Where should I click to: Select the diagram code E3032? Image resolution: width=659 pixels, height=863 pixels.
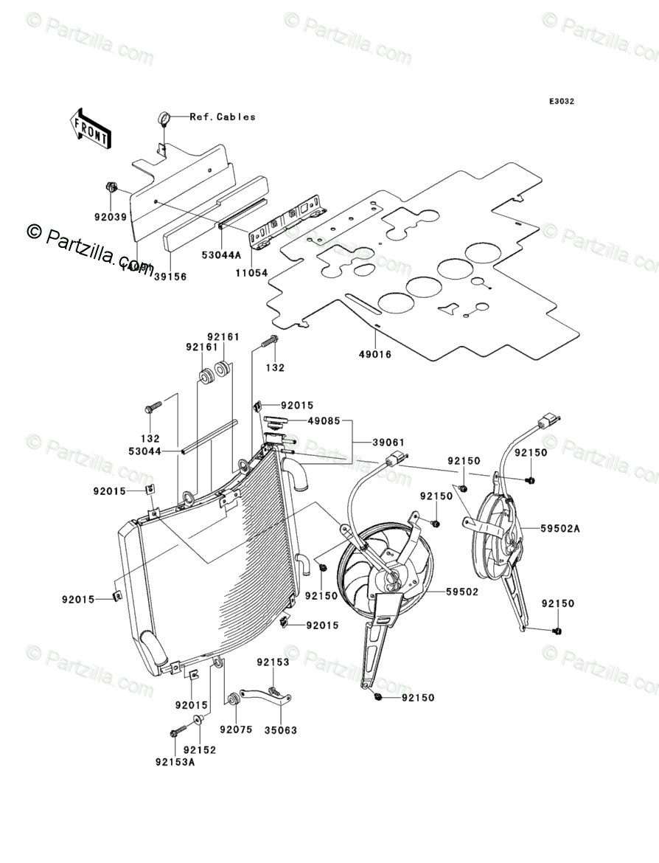(x=560, y=102)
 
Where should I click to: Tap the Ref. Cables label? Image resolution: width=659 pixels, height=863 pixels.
(x=223, y=117)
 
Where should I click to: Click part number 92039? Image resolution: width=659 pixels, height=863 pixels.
(x=111, y=217)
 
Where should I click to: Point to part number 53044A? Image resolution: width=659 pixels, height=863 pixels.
(x=222, y=254)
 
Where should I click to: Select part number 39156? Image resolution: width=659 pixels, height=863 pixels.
(x=170, y=277)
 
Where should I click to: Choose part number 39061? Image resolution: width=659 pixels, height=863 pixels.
(x=386, y=442)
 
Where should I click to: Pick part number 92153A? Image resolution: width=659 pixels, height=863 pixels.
(x=175, y=763)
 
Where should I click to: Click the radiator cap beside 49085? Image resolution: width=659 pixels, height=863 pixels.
(x=275, y=423)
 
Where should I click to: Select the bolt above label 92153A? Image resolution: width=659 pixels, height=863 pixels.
(x=175, y=733)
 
